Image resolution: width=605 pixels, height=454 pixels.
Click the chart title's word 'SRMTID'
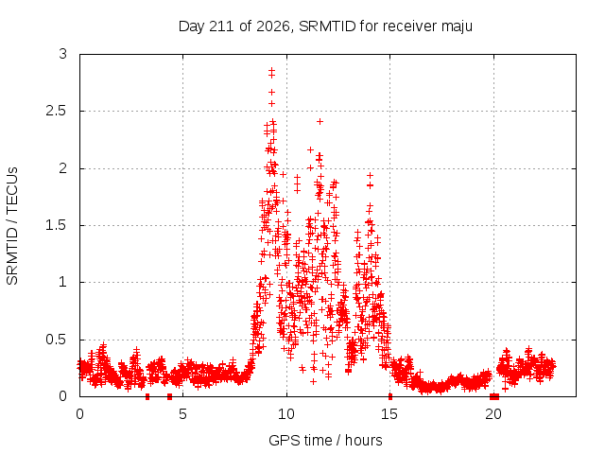pos(327,26)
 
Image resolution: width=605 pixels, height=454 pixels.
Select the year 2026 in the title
pos(273,26)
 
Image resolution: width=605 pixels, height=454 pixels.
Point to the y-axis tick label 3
pos(63,54)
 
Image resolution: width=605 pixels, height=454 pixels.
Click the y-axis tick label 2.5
pos(57,111)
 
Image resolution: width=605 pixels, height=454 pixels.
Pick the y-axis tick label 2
pos(63,168)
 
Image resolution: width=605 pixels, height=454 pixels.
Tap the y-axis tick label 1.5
pos(57,225)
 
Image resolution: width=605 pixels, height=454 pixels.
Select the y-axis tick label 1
pos(63,282)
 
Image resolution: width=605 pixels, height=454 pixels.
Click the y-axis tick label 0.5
pos(57,340)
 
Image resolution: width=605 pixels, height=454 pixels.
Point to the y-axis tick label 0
pos(63,396)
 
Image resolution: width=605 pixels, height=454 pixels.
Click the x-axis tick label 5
pos(182,414)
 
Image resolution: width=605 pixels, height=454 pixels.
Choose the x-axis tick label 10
pos(285,414)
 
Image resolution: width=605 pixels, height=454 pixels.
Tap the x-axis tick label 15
pos(389,414)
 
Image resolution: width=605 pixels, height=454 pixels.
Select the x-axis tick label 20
pos(493,414)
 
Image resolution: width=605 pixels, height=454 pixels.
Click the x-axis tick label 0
pos(79,414)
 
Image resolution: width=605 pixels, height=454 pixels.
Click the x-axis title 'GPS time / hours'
pos(325,440)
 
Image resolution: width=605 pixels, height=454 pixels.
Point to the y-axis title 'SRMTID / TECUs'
pos(12,226)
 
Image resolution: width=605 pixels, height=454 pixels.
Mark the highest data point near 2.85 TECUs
pos(271,70)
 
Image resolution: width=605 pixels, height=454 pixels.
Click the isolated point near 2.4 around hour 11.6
pos(320,122)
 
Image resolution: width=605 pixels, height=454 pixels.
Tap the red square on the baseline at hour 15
pos(390,396)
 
